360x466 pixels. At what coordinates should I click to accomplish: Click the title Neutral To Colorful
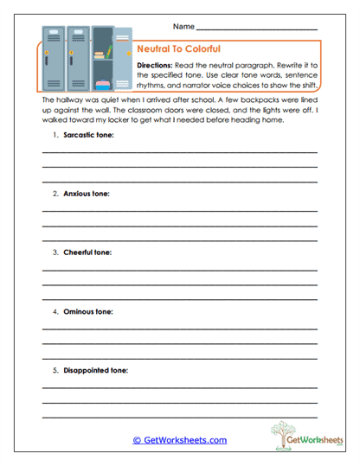tap(179, 50)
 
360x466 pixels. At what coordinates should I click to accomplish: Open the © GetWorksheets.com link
tap(179, 440)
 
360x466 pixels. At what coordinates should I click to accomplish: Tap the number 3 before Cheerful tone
tap(55, 252)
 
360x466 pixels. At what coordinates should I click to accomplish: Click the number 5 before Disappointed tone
tap(55, 369)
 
